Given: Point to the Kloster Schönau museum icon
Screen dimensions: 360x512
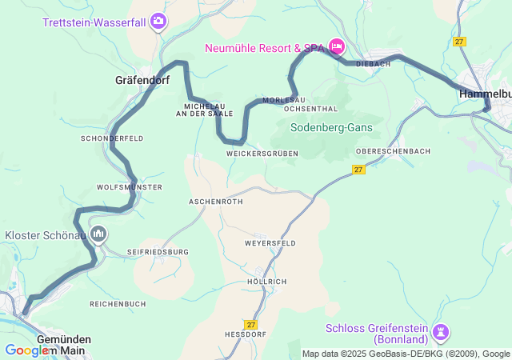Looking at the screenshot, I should click(x=98, y=234).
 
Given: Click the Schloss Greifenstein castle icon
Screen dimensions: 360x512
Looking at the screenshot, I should click(x=440, y=330).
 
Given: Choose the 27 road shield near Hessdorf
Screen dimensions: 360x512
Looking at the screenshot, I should click(x=252, y=324).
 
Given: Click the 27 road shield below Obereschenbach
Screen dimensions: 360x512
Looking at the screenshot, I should click(x=358, y=170).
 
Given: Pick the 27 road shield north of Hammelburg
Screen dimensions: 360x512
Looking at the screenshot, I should click(x=458, y=41).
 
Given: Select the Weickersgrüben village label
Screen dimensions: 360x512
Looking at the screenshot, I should click(x=262, y=153).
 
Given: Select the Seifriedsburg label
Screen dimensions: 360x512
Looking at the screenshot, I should click(x=158, y=252).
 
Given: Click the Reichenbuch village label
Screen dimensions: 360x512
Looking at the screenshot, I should click(x=118, y=304).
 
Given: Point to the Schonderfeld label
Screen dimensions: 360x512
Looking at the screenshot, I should click(x=112, y=138).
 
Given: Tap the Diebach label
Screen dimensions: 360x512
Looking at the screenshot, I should click(x=373, y=64).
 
